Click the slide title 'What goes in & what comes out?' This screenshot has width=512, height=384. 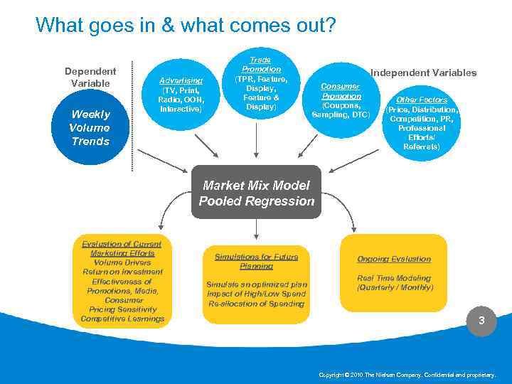pos(186,26)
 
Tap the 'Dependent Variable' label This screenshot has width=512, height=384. pos(90,78)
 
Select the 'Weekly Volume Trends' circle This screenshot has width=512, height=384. pos(90,127)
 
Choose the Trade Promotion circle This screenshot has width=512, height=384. pos(261,82)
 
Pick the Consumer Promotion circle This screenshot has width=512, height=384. pos(341,100)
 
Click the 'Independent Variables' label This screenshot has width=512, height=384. pos(424,73)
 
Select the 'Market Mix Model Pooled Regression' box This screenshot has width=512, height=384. pos(256,193)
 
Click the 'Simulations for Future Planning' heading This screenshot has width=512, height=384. pos(256,261)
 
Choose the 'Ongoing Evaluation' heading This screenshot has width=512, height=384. pos(394,259)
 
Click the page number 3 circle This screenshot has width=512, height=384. pos(481,321)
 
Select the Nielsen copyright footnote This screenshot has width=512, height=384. pos(407,374)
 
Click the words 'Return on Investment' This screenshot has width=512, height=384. pos(122,272)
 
